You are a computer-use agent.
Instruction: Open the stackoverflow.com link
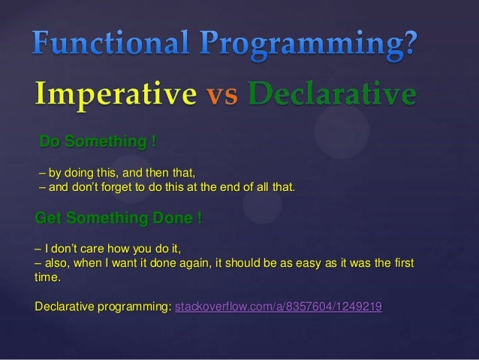(278, 307)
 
